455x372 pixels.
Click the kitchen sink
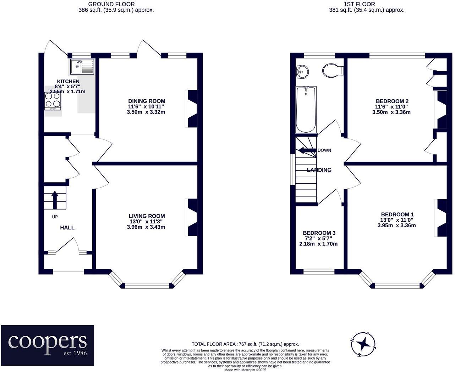tap(82, 67)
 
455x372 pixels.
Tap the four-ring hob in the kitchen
tap(53, 101)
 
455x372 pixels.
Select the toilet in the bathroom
tap(333, 70)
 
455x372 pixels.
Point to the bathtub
tap(306, 110)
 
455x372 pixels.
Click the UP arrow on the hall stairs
tap(55, 200)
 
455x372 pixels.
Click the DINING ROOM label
tap(147, 101)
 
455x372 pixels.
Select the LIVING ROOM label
tap(147, 216)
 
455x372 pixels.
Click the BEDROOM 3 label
tap(319, 233)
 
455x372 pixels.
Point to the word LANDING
tap(319, 170)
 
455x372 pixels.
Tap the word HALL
tap(67, 227)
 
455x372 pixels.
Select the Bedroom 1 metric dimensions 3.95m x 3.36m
tap(396, 226)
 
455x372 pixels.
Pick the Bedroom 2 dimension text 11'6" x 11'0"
tap(392, 106)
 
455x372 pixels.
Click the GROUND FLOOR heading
tap(111, 4)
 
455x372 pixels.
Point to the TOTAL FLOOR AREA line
tap(245, 344)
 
